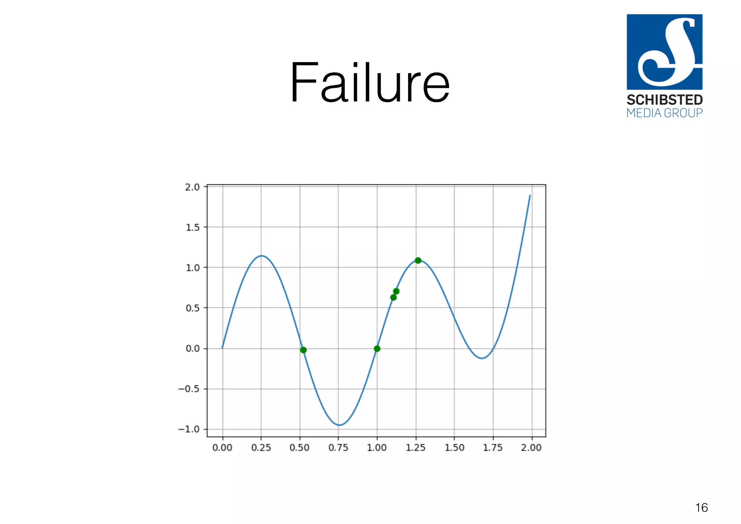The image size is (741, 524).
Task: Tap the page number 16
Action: pos(701,508)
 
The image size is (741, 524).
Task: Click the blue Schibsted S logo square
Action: pos(664,52)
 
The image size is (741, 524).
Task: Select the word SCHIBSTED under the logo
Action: pos(664,100)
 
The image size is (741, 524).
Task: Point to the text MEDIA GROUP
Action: pos(664,113)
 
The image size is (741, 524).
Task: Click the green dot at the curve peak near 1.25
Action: pos(418,260)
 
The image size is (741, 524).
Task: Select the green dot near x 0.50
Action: pos(303,350)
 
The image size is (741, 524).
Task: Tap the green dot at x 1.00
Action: pos(377,348)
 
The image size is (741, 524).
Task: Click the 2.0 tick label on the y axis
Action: pos(192,187)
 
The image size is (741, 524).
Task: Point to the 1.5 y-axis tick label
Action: pos(192,227)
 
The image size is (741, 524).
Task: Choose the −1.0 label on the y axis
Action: pos(189,429)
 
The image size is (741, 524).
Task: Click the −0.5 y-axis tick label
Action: pos(189,389)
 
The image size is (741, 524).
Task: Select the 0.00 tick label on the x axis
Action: pos(222,448)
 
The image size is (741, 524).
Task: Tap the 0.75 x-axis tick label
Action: pos(338,448)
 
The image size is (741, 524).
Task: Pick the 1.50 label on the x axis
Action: pos(454,448)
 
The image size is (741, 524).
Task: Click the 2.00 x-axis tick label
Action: pos(531,448)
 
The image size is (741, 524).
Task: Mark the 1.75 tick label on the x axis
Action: pos(493,448)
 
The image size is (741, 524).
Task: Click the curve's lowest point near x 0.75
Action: pos(339,425)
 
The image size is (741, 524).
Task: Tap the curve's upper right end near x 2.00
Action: pos(530,195)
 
